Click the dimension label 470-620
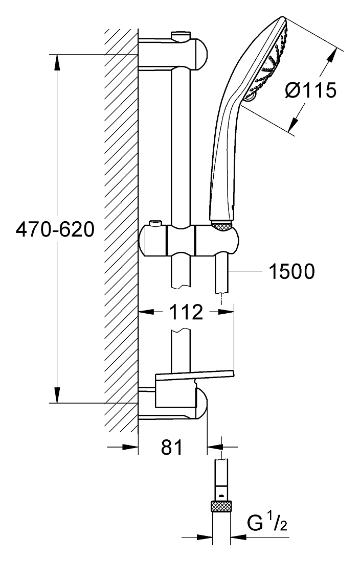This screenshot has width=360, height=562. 55,229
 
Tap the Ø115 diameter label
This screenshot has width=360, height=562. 311,89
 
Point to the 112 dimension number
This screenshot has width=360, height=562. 186,312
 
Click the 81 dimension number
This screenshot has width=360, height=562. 172,447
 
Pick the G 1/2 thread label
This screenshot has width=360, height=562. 267,524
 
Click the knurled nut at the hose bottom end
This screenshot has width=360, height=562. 221,506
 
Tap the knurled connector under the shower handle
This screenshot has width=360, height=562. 221,226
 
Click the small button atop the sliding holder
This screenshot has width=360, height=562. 155,223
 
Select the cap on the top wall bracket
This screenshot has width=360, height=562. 181,36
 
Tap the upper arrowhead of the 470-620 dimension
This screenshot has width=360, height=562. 57,62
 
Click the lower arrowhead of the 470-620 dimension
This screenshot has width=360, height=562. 57,395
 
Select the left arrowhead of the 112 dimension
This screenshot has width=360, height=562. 146,312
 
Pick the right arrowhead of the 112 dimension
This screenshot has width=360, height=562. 226,312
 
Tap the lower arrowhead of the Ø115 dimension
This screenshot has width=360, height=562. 294,124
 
